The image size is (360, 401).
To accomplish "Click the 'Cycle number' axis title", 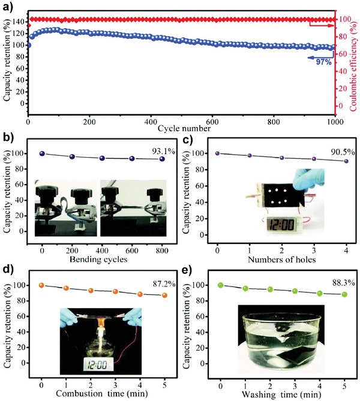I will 185,128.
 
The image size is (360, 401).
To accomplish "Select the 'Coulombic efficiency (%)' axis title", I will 355,59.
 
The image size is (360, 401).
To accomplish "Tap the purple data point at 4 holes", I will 346,161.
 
